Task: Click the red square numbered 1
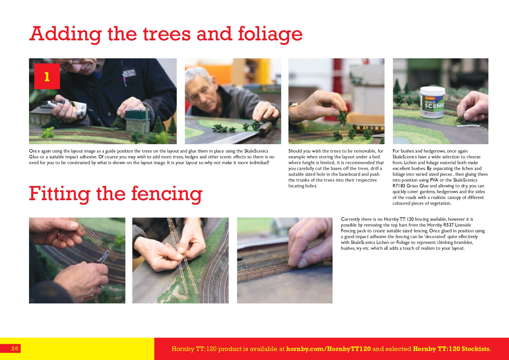coord(47,76)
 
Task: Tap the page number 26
coord(15,348)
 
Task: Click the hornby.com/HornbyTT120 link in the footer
coord(328,349)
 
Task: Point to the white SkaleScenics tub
coord(433,102)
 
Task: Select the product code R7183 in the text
coord(399,186)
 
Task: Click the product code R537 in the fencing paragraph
coord(448,225)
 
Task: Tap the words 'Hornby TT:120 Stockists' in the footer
coord(451,349)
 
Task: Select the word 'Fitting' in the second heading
coord(59,194)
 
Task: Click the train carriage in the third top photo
coord(368,128)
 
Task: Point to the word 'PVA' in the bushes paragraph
coord(434,180)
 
